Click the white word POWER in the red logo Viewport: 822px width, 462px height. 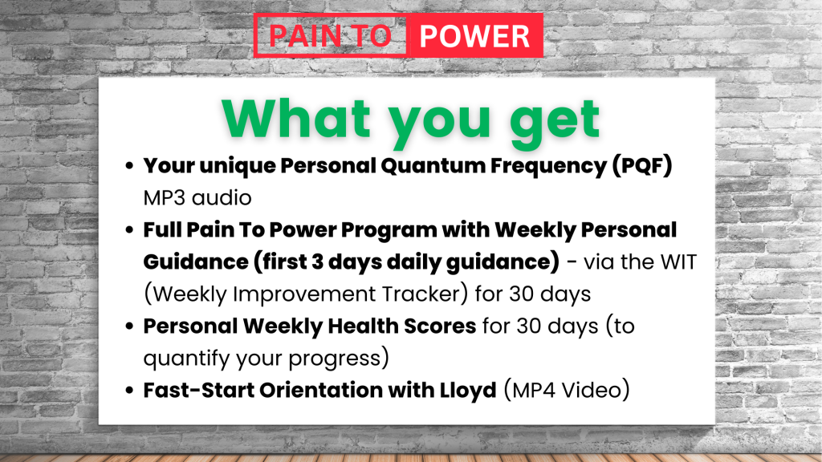[x=474, y=36]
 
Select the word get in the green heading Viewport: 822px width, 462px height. [x=555, y=122]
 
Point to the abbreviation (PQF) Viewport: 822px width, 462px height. [x=642, y=165]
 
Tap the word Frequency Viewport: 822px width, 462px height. [x=548, y=167]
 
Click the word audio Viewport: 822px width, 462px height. [x=222, y=198]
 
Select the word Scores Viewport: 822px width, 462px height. [x=440, y=326]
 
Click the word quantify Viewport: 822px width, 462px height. [x=186, y=359]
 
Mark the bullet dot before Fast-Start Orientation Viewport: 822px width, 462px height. [x=129, y=391]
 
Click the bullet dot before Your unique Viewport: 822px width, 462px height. [x=129, y=166]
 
